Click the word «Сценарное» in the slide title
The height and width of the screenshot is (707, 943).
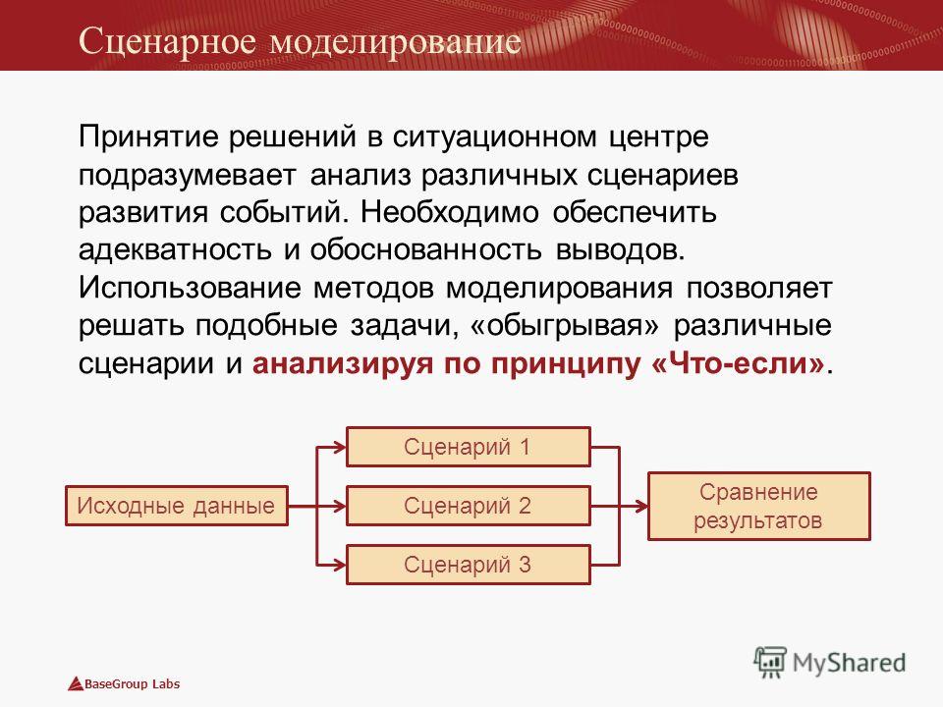pos(168,41)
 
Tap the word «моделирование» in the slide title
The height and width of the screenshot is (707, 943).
pos(395,41)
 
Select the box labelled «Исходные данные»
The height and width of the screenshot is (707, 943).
pos(177,506)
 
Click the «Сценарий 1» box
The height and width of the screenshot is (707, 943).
pos(469,447)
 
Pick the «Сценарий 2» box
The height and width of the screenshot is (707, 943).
pos(469,506)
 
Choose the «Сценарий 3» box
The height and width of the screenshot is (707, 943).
pos(469,565)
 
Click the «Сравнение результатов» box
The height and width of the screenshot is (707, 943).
pos(759,507)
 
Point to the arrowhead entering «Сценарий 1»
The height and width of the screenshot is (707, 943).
pos(341,447)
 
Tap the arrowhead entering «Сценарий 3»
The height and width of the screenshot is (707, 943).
pos(341,565)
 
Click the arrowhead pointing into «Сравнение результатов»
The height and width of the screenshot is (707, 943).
pos(641,507)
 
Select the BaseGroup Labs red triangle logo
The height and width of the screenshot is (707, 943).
pos(76,683)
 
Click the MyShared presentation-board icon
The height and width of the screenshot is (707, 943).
pos(770,663)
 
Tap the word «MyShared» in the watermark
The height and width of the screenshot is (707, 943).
pos(849,663)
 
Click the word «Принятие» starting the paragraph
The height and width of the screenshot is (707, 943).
pos(148,137)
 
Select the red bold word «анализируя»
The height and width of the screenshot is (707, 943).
pos(342,364)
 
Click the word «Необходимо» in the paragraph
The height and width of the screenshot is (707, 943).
pos(449,213)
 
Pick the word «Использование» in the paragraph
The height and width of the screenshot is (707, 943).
pos(190,288)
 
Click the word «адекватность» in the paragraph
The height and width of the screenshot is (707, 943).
pos(175,250)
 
